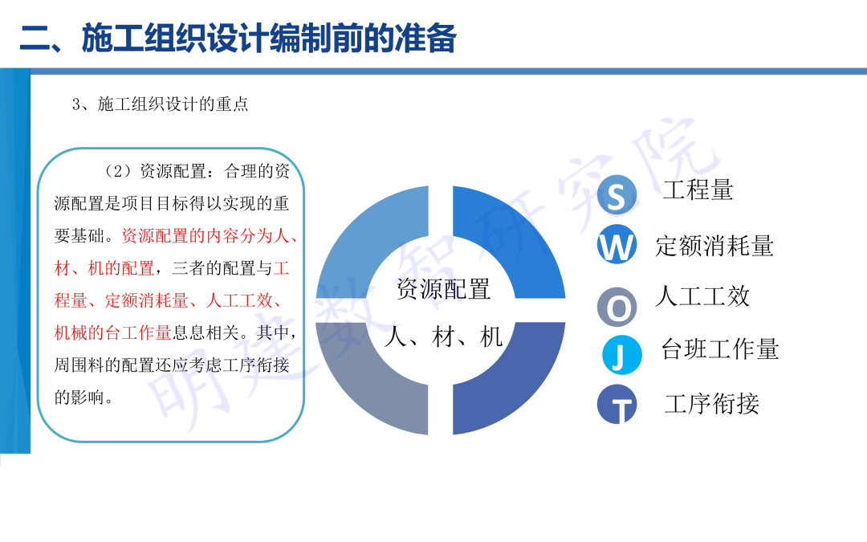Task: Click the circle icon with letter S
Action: click(x=617, y=196)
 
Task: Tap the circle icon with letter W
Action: click(x=617, y=246)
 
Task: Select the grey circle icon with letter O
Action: click(x=617, y=307)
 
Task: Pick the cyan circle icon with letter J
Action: click(x=622, y=356)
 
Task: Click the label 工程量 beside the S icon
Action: click(x=698, y=190)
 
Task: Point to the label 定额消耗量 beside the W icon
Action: click(x=714, y=246)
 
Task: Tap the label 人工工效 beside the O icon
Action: click(x=702, y=296)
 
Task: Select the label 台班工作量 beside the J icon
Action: click(x=720, y=349)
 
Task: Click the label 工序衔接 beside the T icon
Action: click(x=711, y=404)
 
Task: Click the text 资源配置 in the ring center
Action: click(x=443, y=289)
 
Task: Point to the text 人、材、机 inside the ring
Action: click(x=443, y=336)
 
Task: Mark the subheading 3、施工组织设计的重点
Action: click(x=161, y=104)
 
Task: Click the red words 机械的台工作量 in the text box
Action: click(x=112, y=332)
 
